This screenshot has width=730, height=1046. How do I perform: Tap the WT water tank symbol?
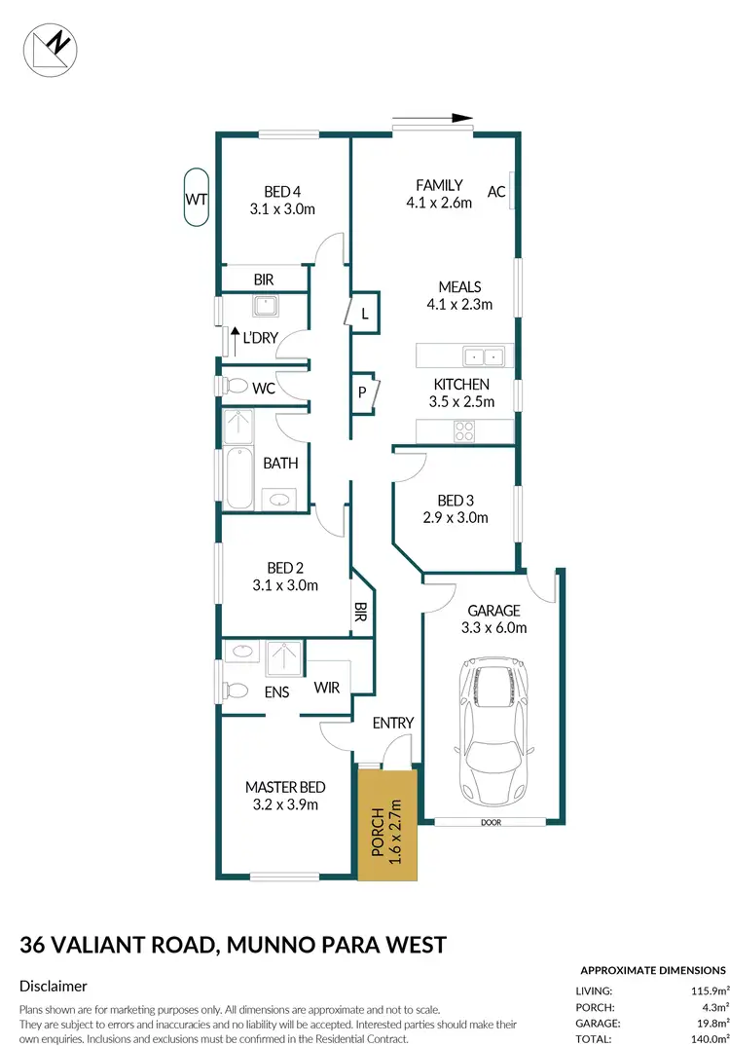(197, 199)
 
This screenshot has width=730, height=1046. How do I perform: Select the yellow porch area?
(386, 823)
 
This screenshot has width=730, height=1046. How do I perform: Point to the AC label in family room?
(496, 192)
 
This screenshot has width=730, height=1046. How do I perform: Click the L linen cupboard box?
(364, 314)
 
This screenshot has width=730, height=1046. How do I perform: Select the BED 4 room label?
(281, 192)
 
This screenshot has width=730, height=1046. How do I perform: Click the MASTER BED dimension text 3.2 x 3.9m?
(285, 804)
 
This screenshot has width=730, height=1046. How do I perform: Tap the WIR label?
(326, 688)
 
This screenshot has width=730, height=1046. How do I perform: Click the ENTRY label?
(393, 723)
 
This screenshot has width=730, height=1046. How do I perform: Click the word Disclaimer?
(54, 987)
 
